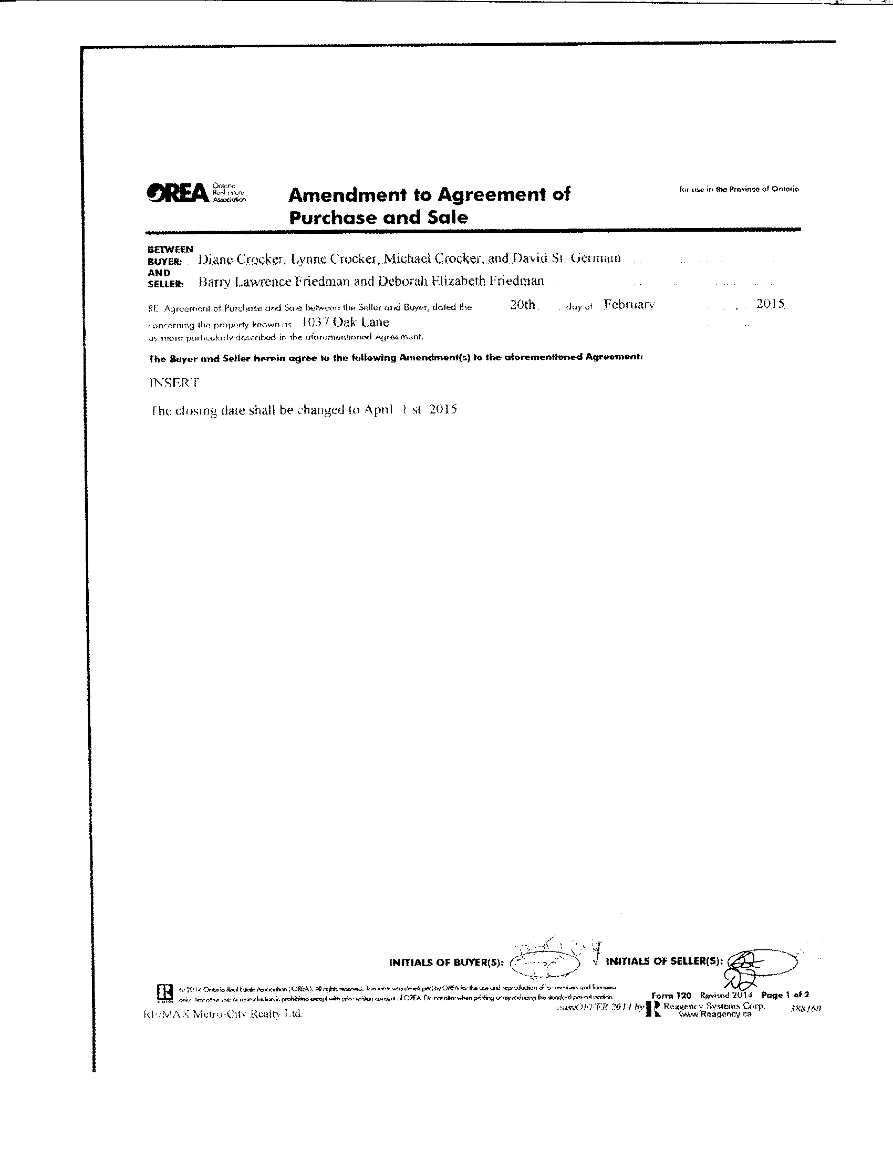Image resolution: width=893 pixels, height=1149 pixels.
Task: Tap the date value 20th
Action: [x=522, y=305]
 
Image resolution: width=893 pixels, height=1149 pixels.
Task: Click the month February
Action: [x=629, y=305]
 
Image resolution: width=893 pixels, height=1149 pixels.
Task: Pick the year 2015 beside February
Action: [x=771, y=304]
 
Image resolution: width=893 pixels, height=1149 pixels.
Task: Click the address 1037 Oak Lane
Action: [x=346, y=323]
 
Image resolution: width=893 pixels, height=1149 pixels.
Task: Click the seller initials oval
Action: [x=763, y=961]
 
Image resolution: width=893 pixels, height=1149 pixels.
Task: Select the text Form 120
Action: [x=671, y=996]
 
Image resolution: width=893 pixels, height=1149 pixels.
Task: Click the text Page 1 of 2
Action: [x=785, y=995]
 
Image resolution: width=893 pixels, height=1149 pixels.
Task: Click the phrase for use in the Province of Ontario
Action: [x=739, y=189]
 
